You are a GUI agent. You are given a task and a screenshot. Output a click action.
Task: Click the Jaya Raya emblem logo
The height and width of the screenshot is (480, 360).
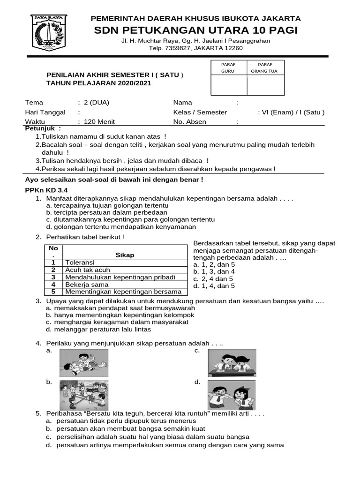(x=49, y=33)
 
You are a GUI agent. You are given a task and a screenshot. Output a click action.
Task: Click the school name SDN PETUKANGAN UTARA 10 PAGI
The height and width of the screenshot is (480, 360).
(x=195, y=30)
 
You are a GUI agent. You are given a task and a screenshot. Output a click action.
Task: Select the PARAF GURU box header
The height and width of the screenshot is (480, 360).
(x=229, y=67)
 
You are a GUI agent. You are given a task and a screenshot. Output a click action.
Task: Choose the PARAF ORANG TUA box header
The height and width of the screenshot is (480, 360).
(x=265, y=67)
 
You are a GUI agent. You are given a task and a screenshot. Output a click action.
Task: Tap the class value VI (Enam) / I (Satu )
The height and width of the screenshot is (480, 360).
(x=291, y=112)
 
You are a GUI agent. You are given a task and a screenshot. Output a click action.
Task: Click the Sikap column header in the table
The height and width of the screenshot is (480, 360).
(x=125, y=255)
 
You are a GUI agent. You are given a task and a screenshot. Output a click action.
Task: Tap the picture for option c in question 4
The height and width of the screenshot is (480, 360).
(x=232, y=363)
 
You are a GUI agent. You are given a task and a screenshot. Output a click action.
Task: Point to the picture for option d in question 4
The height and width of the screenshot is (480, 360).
(x=232, y=395)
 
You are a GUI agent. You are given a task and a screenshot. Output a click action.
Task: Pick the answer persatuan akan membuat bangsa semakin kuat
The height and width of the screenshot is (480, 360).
(x=126, y=428)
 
